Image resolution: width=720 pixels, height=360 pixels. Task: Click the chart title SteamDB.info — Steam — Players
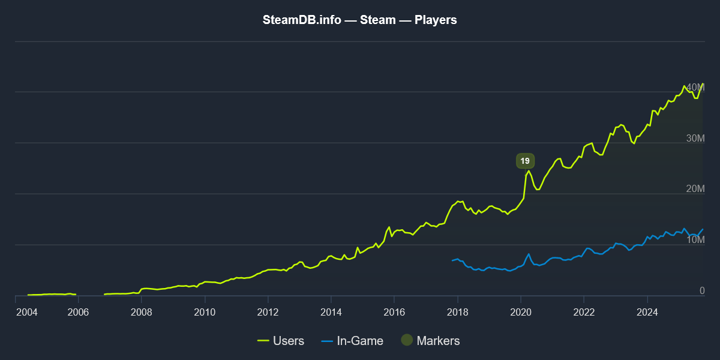click(x=360, y=20)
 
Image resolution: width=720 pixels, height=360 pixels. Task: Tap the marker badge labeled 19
click(x=525, y=161)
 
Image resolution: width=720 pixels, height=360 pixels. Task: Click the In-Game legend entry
click(x=352, y=341)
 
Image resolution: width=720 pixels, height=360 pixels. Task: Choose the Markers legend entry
click(x=430, y=341)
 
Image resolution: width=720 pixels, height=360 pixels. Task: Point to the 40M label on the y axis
click(x=695, y=88)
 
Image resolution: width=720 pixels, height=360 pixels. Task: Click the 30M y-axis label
click(x=695, y=139)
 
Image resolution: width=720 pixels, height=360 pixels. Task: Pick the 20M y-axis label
click(x=695, y=190)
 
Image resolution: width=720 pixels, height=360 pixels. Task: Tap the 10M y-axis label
click(x=695, y=241)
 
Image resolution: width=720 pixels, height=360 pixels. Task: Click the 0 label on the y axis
click(x=701, y=291)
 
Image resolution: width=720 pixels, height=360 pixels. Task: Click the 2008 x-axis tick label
click(x=141, y=312)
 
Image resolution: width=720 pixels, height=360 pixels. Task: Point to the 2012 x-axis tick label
click(x=268, y=312)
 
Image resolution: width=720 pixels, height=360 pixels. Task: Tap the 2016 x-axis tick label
click(x=394, y=312)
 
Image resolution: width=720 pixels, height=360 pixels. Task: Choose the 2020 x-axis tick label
click(x=520, y=312)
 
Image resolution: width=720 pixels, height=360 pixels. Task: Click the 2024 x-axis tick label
click(x=647, y=312)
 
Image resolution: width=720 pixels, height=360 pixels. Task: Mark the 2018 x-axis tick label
click(x=457, y=312)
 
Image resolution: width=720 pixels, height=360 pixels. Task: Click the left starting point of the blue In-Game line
click(x=452, y=260)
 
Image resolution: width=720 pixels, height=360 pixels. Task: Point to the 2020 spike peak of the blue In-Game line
click(x=529, y=254)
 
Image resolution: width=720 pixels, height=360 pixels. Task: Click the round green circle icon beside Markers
click(x=407, y=340)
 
